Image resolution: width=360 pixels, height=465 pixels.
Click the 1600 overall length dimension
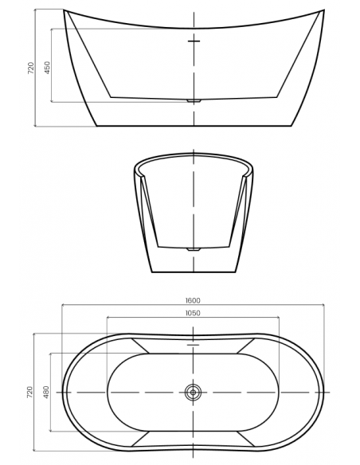pyautogui.click(x=193, y=300)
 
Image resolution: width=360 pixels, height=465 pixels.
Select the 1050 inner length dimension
pyautogui.click(x=193, y=313)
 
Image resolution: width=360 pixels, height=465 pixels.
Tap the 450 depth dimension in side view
pyautogui.click(x=48, y=68)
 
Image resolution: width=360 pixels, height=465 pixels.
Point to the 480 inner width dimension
pyautogui.click(x=46, y=392)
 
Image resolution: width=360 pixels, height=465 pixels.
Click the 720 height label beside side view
pyautogui.click(x=31, y=68)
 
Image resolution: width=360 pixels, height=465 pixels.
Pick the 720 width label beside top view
pyautogui.click(x=30, y=392)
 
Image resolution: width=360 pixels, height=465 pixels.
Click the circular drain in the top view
pyautogui.click(x=193, y=393)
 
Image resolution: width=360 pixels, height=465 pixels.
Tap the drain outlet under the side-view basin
pyautogui.click(x=194, y=101)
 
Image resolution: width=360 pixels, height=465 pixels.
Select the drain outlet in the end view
pyautogui.click(x=194, y=249)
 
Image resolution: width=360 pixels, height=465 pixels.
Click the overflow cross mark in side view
pyautogui.click(x=194, y=41)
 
